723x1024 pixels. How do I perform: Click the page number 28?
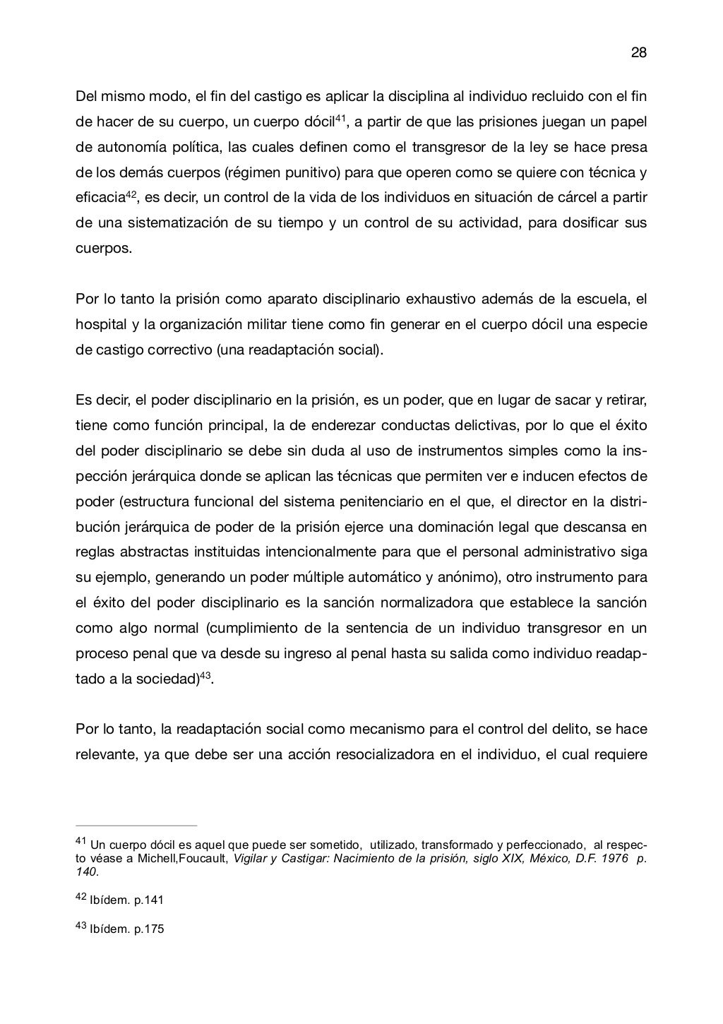coord(638,53)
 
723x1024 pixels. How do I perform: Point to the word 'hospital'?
coord(100,324)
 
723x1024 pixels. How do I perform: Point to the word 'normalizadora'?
coord(457,602)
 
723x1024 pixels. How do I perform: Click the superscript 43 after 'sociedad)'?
coord(207,675)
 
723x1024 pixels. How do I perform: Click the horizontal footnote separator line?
coord(136,824)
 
